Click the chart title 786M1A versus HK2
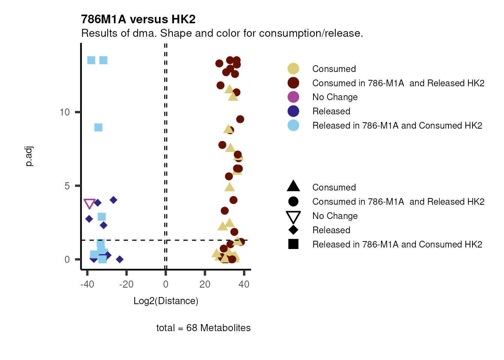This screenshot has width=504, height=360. pyautogui.click(x=138, y=19)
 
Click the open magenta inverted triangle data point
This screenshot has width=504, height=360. pyautogui.click(x=89, y=204)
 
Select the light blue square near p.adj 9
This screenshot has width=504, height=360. pyautogui.click(x=98, y=127)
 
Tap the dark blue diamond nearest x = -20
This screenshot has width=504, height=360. pyautogui.click(x=120, y=259)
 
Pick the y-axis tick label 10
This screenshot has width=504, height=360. pyautogui.click(x=64, y=112)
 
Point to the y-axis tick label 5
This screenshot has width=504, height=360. pyautogui.click(x=67, y=186)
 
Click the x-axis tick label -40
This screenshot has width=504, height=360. pyautogui.click(x=87, y=284)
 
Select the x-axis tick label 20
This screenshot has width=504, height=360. pyautogui.click(x=205, y=284)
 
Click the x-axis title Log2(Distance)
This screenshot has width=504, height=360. pyautogui.click(x=166, y=301)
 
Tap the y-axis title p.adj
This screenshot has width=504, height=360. pyautogui.click(x=29, y=156)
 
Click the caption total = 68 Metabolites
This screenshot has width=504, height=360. pyautogui.click(x=203, y=328)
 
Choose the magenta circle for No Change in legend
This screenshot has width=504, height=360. pyautogui.click(x=293, y=97)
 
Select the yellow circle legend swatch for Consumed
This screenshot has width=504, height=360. pyautogui.click(x=293, y=69)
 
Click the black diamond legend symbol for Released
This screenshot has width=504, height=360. pyautogui.click(x=293, y=230)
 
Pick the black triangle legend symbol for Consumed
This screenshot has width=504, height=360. pyautogui.click(x=293, y=186)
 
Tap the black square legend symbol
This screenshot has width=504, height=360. pyautogui.click(x=293, y=244)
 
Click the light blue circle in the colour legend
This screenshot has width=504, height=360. pyautogui.click(x=293, y=126)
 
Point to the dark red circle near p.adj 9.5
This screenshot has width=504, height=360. pyautogui.click(x=240, y=119)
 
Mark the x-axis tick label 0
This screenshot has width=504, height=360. pyautogui.click(x=166, y=284)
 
